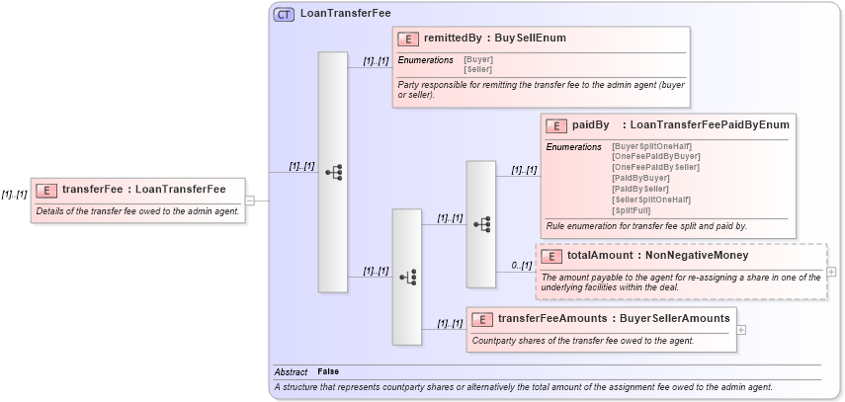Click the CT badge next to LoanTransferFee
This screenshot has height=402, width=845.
coord(284,14)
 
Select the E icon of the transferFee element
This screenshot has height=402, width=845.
coord(46,190)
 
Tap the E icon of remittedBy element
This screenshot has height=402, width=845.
coord(408,39)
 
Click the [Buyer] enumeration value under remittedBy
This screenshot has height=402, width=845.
coord(478,59)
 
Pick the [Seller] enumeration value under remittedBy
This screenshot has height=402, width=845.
coord(478,68)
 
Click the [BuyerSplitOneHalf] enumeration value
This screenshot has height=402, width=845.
coord(651,146)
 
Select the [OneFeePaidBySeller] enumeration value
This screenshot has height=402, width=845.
coord(655,167)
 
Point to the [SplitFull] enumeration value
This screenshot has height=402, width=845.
coord(632,210)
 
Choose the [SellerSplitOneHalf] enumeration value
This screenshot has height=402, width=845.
coord(651,200)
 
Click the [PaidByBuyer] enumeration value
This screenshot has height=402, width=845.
coord(640,178)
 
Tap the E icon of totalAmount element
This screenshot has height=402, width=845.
coord(551,256)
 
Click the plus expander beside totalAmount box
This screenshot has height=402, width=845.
coord(831,272)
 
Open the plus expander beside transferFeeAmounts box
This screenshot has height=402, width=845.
coord(741,330)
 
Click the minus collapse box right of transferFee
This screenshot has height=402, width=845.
coord(250,201)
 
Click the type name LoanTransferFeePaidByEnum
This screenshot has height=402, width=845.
coord(710,125)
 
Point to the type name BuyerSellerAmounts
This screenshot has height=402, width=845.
coord(675,318)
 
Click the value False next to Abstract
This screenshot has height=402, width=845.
coord(327,371)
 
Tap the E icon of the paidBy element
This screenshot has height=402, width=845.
coord(556,125)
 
